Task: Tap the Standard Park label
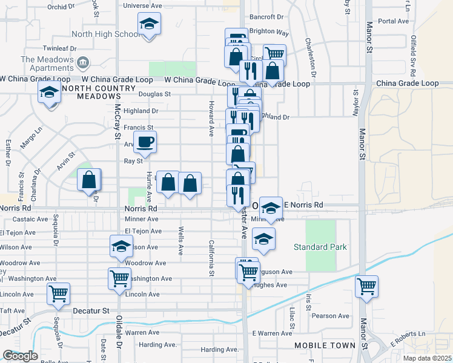320,247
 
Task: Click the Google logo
20,356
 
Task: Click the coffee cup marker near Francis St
145,143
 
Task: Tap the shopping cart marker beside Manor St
366,287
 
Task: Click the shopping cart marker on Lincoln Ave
59,295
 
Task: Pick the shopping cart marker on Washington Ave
120,279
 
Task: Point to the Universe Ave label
142,5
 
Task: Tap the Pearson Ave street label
331,316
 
